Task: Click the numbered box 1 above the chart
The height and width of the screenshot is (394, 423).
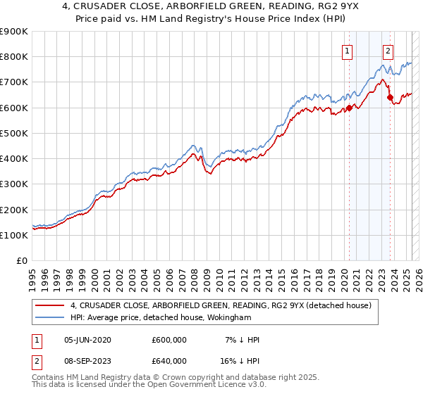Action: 348,51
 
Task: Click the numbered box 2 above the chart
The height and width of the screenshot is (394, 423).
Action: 388,51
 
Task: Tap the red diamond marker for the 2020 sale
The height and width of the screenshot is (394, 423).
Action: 349,108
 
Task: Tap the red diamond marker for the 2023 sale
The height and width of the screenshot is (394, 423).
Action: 390,98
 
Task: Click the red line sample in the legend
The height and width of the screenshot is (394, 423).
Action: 49,305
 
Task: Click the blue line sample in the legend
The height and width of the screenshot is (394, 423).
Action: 49,318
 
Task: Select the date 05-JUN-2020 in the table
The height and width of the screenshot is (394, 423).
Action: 91,340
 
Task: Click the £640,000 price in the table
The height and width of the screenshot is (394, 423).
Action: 169,361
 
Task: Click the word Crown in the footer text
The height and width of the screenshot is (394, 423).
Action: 180,378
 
